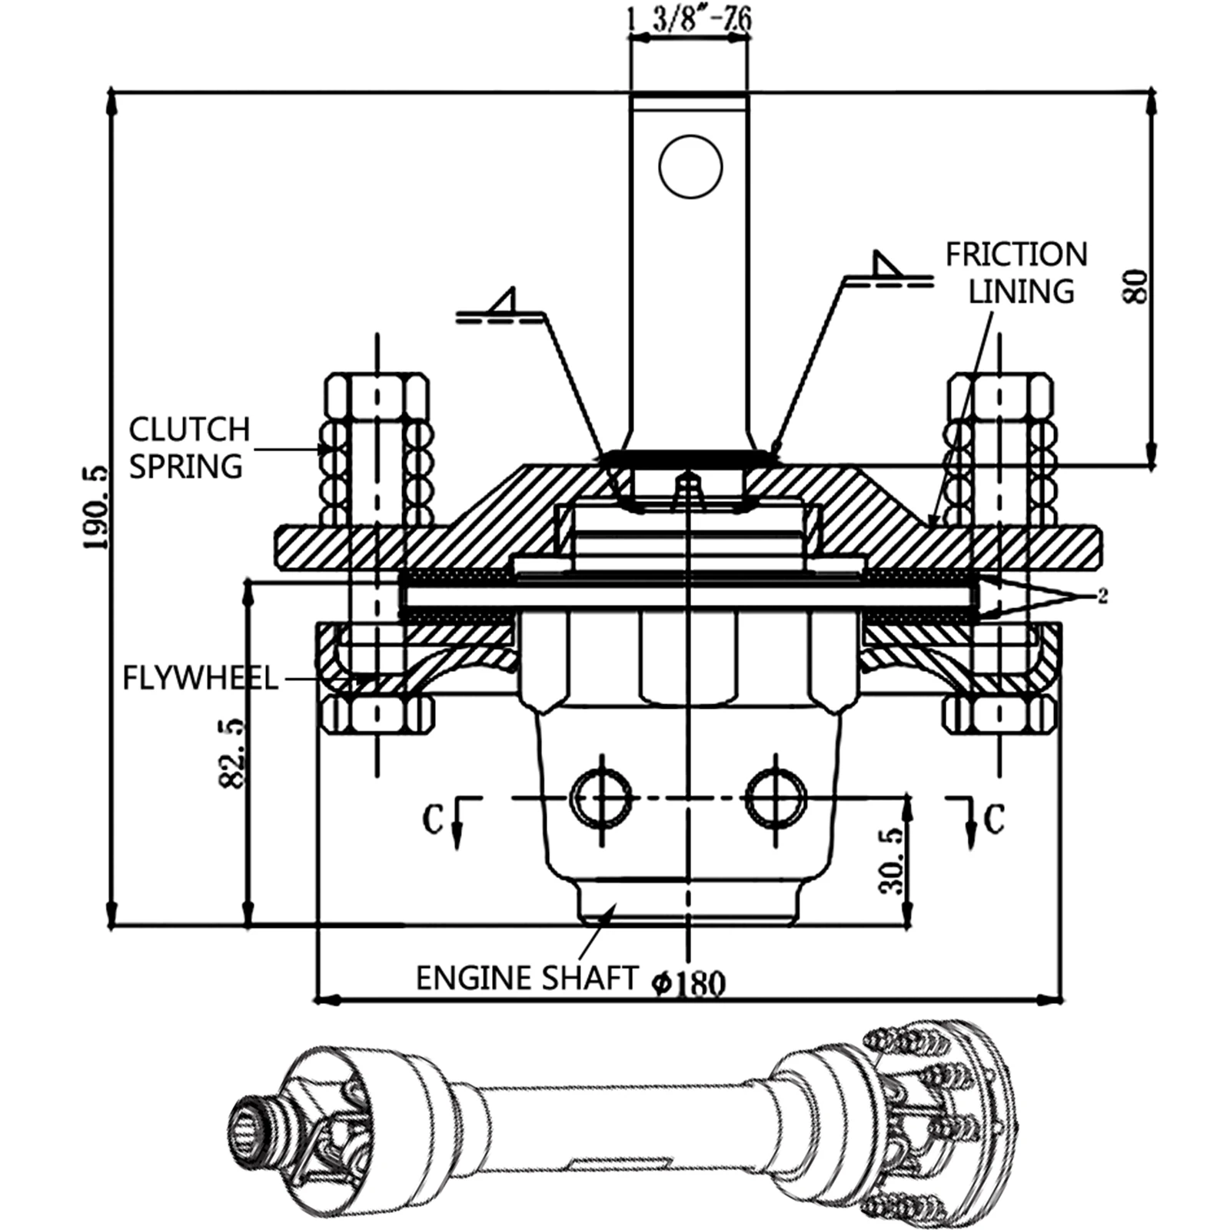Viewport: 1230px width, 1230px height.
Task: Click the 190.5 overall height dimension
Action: click(96, 507)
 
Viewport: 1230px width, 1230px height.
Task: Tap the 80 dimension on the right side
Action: click(1137, 286)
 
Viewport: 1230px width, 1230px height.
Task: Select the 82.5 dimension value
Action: click(231, 753)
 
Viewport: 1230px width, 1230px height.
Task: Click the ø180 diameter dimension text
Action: click(689, 982)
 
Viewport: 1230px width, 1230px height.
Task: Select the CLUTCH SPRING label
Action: click(189, 447)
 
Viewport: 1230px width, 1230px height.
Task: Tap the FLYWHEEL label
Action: click(200, 679)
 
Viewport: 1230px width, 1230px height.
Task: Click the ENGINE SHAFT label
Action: click(527, 978)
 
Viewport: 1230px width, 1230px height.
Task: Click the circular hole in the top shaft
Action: click(690, 166)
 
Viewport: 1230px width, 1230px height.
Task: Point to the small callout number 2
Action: click(1102, 597)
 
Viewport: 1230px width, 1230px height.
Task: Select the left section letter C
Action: click(432, 819)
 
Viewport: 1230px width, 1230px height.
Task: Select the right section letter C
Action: click(994, 819)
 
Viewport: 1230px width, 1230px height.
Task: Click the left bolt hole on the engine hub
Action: click(600, 798)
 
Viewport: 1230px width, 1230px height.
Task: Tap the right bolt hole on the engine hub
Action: click(776, 798)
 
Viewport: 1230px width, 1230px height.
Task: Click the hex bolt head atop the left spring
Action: click(377, 397)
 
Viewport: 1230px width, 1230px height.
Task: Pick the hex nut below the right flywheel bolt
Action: click(999, 716)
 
